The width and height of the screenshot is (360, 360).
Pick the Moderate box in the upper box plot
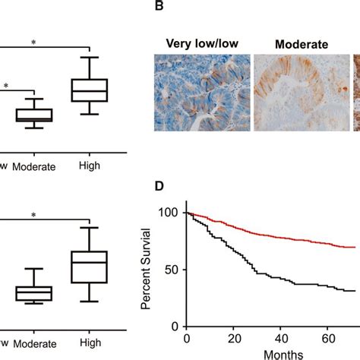(x=34, y=115)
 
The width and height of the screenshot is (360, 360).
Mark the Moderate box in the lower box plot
(x=34, y=292)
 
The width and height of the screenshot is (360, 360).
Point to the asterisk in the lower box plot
(x=34, y=216)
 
